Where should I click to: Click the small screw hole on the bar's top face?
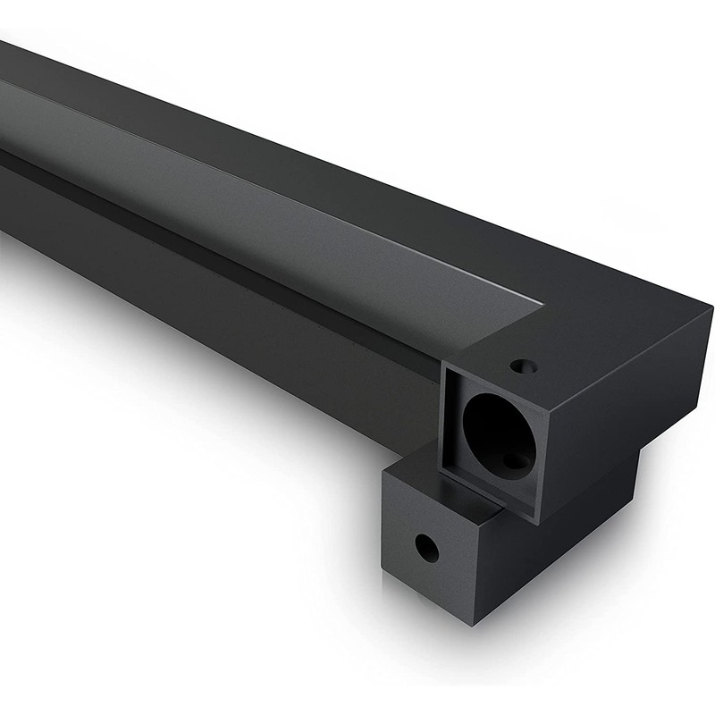[x=523, y=366]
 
